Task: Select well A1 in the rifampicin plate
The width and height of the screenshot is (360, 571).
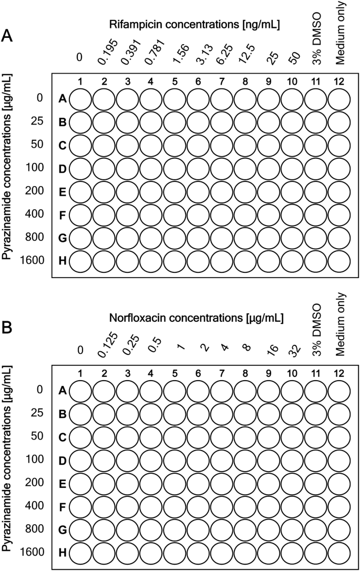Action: click(81, 99)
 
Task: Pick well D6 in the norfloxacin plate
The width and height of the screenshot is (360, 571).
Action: click(199, 461)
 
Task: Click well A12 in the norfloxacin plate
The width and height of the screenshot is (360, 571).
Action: click(339, 391)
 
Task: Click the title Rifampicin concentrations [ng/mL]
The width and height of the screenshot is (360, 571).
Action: click(194, 24)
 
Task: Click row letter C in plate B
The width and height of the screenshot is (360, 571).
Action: click(63, 437)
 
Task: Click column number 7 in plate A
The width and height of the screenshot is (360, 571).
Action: click(222, 81)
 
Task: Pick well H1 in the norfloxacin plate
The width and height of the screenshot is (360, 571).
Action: click(81, 553)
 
